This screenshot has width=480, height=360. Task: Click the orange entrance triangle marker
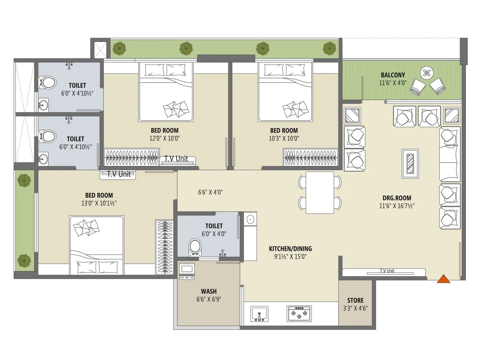click(x=443, y=279)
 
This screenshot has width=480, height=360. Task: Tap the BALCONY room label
click(x=393, y=75)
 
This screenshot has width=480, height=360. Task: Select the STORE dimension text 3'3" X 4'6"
click(x=355, y=308)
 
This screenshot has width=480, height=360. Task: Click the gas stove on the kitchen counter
click(x=299, y=313)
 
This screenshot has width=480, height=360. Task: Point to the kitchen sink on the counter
click(x=259, y=314)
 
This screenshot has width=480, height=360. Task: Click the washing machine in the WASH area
click(x=187, y=271)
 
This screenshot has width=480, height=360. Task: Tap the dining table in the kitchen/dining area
click(x=320, y=193)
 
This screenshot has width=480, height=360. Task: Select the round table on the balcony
click(x=427, y=73)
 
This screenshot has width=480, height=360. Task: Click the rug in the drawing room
click(x=410, y=164)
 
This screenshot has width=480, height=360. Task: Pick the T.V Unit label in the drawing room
click(x=387, y=271)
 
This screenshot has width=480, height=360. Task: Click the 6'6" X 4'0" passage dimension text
click(x=210, y=192)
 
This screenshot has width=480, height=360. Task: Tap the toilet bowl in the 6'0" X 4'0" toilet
click(x=195, y=247)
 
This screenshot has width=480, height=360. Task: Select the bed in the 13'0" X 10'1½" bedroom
click(x=97, y=245)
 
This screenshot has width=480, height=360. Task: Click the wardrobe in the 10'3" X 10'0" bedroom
click(x=310, y=157)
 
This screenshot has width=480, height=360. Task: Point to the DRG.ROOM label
click(x=397, y=198)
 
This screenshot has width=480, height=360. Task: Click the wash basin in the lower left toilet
click(x=43, y=158)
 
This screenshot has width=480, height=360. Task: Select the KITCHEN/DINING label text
click(x=290, y=249)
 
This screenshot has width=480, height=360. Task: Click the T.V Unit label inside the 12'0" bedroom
click(x=176, y=159)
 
